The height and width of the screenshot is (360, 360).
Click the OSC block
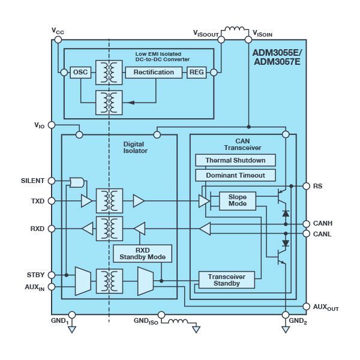tap(80, 73)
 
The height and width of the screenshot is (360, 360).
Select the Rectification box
tap(154, 73)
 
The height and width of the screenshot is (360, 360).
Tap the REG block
tap(197, 73)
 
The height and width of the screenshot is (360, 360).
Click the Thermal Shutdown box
tap(235, 160)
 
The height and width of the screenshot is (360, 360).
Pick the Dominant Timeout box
tap(235, 175)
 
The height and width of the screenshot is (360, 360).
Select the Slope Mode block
tap(238, 201)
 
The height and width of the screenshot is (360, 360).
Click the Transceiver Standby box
tap(227, 280)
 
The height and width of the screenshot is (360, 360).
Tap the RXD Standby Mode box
tap(143, 253)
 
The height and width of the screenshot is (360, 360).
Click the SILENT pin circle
tap(52, 181)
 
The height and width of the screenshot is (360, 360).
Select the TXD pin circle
tap(52, 201)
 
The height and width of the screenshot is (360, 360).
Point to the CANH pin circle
tap(306, 224)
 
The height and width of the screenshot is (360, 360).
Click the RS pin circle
tap(306, 186)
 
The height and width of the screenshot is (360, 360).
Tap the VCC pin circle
tap(58, 40)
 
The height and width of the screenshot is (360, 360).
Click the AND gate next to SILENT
tap(77, 182)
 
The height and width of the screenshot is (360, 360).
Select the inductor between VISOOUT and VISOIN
tap(235, 29)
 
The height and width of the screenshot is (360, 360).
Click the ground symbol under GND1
tap(72, 329)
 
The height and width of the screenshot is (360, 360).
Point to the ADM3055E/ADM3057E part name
tap(277, 57)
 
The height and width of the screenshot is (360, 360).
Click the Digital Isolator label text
tap(135, 148)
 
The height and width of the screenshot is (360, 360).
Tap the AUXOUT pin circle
tap(306, 306)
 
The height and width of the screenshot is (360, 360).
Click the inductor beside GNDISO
tap(178, 321)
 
